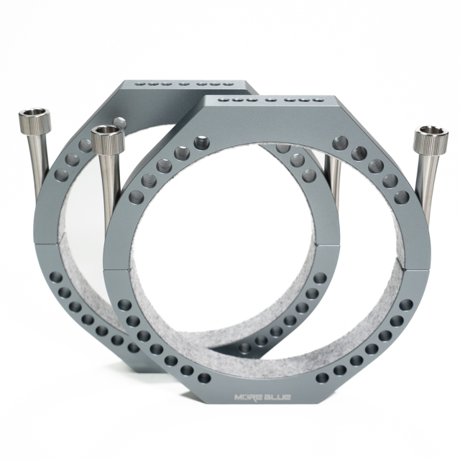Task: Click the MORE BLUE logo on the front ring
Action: tap(262, 397)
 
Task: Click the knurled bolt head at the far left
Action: tap(34, 120)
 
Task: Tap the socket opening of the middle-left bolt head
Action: tap(106, 130)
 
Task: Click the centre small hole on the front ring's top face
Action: tap(270, 101)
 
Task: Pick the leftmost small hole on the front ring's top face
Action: tap(223, 100)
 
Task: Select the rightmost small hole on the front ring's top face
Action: tap(318, 101)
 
